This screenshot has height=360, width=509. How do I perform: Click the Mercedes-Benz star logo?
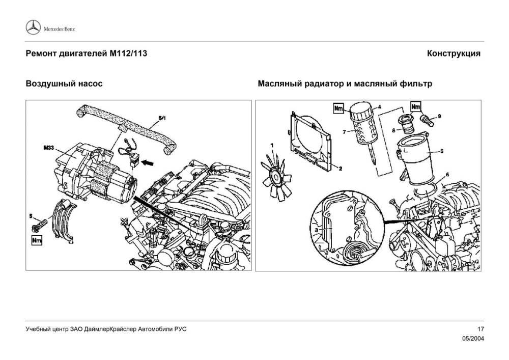33,29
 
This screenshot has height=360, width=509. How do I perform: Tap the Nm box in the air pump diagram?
36,238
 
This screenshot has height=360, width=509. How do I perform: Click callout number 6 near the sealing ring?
447,174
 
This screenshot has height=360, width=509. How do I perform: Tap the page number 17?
479,329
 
